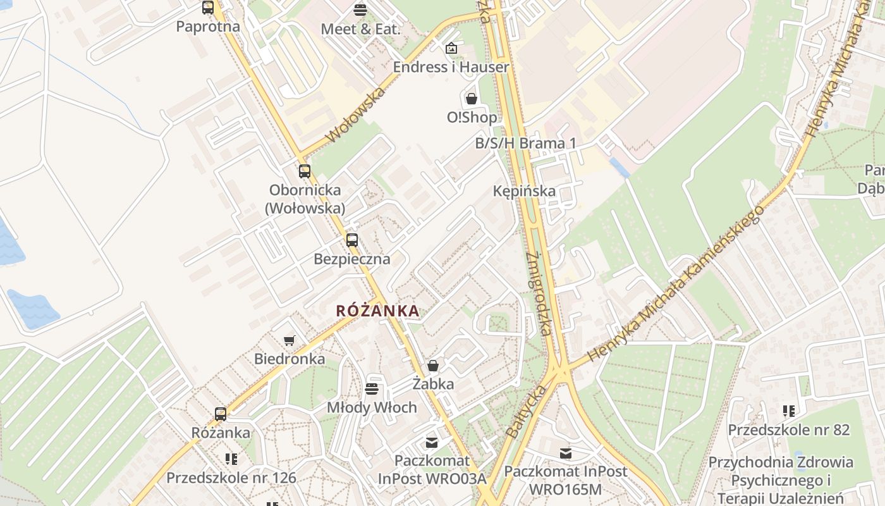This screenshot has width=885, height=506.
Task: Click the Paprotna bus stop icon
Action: coord(208,8)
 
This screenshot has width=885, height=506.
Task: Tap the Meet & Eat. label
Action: coord(360,29)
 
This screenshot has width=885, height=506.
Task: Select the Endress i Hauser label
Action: coord(451,67)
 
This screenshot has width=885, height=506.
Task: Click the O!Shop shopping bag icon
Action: coord(471,98)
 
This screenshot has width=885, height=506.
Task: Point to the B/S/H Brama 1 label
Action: coord(525,144)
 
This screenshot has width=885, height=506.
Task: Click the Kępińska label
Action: coord(524,191)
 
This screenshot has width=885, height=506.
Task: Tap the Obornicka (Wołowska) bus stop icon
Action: coord(305,171)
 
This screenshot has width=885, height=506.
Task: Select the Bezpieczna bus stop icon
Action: coord(352,240)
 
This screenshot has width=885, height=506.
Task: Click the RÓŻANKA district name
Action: coord(377,311)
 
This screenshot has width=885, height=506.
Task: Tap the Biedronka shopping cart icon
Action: coord(290,340)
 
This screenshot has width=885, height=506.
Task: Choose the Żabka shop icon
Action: coord(433,365)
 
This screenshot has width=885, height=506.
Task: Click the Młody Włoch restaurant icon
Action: coord(372,388)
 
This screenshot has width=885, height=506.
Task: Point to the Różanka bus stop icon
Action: coord(221,414)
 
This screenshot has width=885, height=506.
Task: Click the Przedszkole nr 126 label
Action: coord(231,478)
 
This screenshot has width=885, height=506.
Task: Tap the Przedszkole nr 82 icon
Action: coord(788,411)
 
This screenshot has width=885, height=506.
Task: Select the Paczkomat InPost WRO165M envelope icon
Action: coord(566,453)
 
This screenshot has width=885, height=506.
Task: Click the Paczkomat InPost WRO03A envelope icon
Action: coord(432,442)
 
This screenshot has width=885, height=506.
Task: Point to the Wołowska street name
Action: coord(355,116)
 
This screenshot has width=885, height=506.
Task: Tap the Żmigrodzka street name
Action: coord(539,294)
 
